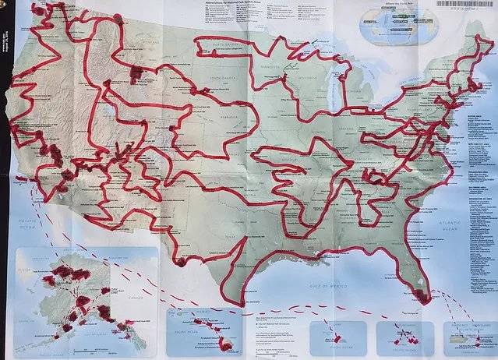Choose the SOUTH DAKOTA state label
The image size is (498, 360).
221,80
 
